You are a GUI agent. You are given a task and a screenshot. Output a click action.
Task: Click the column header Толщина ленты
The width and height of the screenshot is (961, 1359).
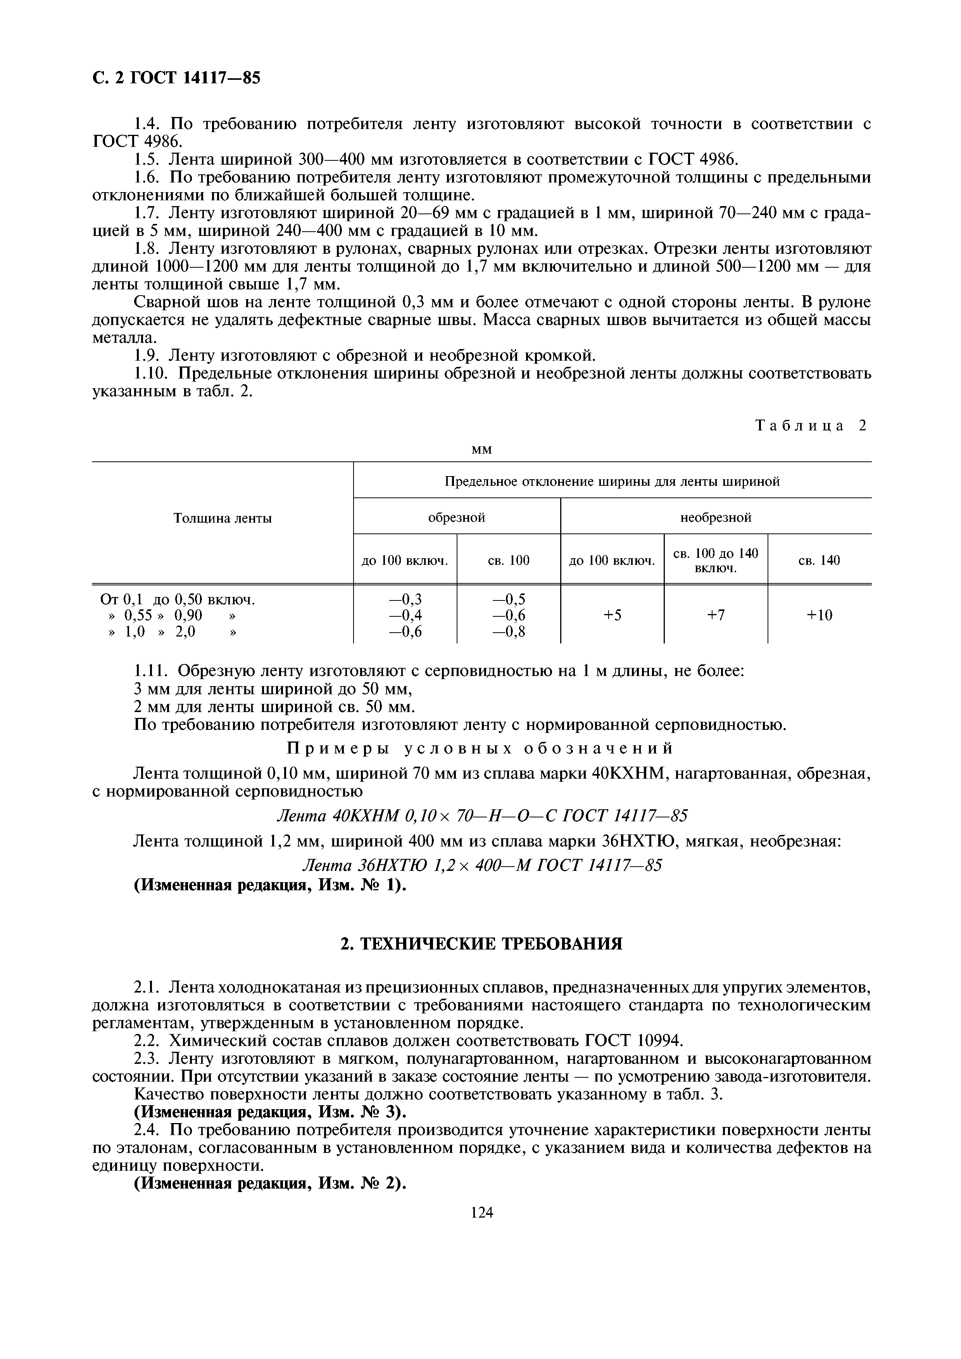pos(222,518)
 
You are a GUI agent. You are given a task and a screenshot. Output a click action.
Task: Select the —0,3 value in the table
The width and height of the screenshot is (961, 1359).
pos(405,599)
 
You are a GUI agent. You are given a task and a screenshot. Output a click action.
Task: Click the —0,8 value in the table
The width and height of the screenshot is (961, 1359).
pos(509,632)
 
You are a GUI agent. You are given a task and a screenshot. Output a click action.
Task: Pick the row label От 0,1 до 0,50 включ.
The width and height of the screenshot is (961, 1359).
pos(178,600)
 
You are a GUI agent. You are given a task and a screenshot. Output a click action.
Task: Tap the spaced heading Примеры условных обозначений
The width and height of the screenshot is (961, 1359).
pos(480,749)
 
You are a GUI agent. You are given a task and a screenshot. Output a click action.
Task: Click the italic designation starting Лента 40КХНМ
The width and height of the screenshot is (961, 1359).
pos(482,816)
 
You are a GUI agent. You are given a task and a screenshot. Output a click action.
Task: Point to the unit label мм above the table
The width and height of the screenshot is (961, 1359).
pos(481,450)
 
